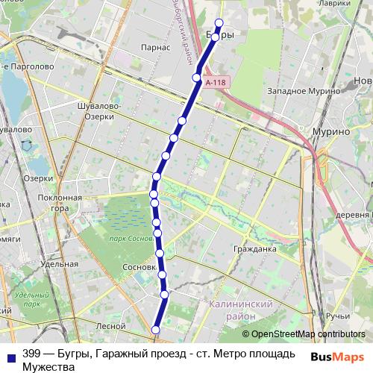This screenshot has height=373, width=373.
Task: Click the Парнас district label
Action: coord(155,47)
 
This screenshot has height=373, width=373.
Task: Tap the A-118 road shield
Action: coord(215,83)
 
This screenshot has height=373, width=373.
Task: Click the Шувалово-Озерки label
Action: coord(100,111)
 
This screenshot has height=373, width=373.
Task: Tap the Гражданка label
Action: coord(254,248)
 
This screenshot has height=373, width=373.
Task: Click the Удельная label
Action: coord(60,264)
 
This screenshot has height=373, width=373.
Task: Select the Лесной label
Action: coord(110,325)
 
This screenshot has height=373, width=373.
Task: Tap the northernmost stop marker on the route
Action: coord(219,22)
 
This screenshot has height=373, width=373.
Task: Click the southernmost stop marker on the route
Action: coord(156,330)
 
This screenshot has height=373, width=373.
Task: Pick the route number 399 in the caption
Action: coord(32,353)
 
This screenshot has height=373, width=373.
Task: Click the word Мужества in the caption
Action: coord(49,366)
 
